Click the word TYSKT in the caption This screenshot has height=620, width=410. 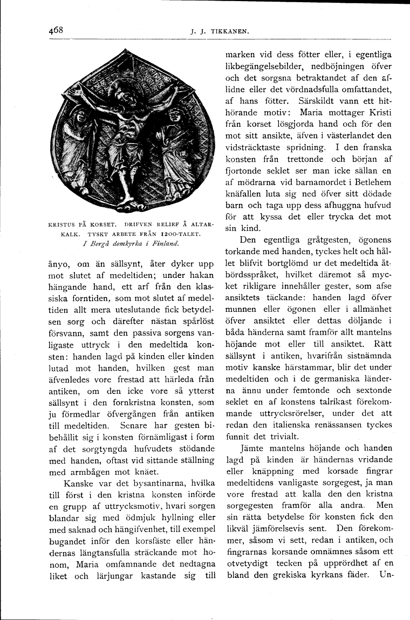pos(95,233)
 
